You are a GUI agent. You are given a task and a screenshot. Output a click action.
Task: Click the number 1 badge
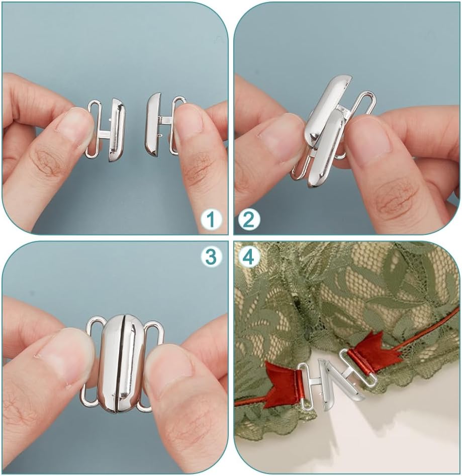point(212,219)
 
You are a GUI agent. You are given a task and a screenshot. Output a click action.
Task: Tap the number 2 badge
point(249,219)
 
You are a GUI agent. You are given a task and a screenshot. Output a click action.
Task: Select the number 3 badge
point(212,257)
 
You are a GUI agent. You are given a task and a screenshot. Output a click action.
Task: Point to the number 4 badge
point(249,257)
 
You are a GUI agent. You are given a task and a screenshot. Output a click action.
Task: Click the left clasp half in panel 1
point(108,129)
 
